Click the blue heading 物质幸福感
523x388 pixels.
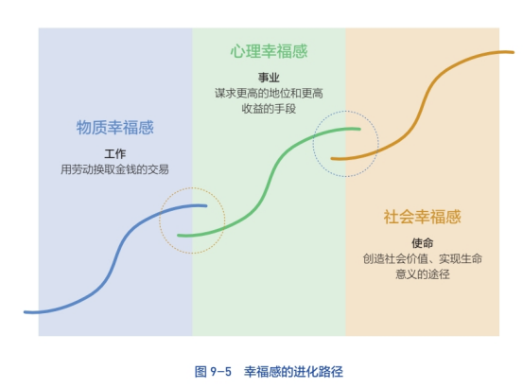click(115, 128)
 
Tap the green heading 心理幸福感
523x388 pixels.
click(269, 51)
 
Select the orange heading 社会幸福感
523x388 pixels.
click(422, 217)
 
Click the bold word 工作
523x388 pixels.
click(115, 154)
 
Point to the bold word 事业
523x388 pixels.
click(269, 78)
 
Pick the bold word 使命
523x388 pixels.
click(422, 243)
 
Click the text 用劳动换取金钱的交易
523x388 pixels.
click(114, 169)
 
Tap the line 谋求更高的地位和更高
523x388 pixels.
click(269, 93)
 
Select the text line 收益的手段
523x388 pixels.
click(269, 109)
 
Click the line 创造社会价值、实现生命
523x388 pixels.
click(422, 258)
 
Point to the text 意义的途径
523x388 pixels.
click(422, 273)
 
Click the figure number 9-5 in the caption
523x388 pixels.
click(220, 372)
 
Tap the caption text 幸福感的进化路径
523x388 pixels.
click(293, 372)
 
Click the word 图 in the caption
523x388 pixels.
click(200, 372)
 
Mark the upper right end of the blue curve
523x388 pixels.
click(206, 206)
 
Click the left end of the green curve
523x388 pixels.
click(179, 236)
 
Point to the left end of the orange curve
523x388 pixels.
click(332, 159)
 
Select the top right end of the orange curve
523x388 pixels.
click(513, 52)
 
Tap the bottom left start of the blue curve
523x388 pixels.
click(25, 312)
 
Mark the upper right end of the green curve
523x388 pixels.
click(359, 129)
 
